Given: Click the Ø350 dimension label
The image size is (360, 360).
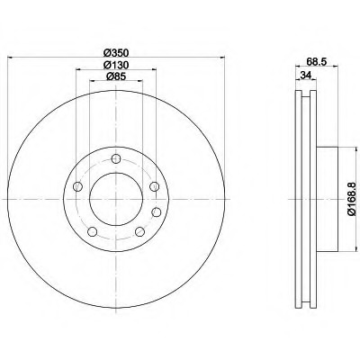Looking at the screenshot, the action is [116, 53].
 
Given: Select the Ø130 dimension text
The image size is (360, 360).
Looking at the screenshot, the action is [116, 65].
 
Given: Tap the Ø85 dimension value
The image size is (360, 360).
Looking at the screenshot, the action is [116, 76].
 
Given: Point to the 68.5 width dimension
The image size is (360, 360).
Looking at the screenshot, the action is [317, 61].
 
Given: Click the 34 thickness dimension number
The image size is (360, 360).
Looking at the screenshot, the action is [305, 76].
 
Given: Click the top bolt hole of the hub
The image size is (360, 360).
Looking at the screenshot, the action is [116, 158].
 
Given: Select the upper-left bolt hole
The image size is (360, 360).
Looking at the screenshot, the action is [77, 186].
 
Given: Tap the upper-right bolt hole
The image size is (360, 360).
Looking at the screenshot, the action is [154, 186].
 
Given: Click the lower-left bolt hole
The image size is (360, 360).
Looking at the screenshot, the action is [93, 231].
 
